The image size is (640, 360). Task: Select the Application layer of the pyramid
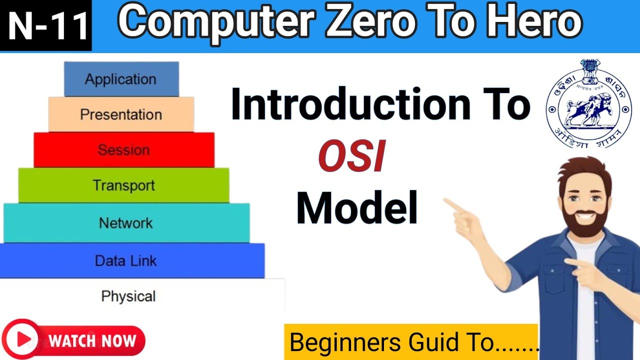tap(121, 79)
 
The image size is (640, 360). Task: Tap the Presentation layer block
tap(121, 114)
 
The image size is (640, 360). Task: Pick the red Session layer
tap(123, 150)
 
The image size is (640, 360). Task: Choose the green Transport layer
tap(123, 185)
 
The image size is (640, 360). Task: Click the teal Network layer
tap(126, 223)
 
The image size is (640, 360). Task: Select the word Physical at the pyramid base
tap(128, 296)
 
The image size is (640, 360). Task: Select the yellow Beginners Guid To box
tap(411, 342)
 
